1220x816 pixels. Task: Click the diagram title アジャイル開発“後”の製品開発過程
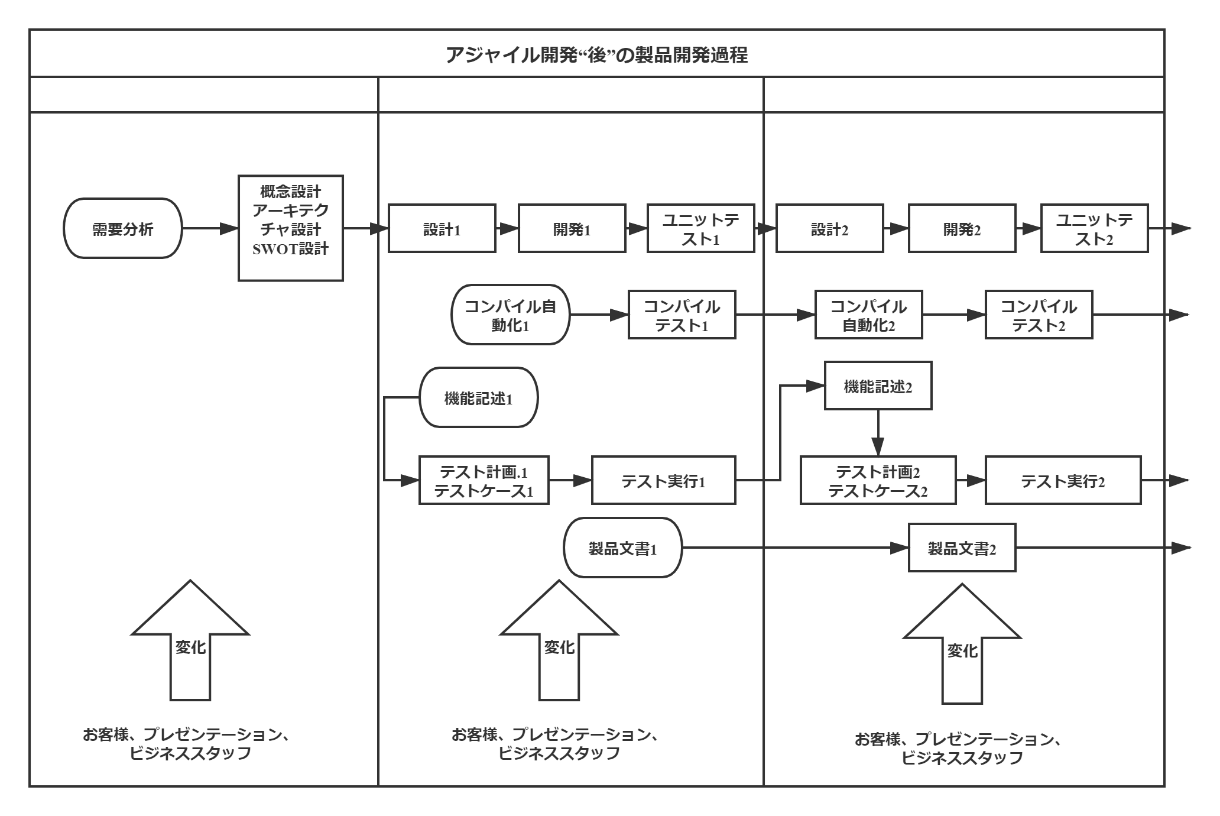pyautogui.click(x=596, y=55)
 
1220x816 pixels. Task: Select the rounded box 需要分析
pyautogui.click(x=123, y=229)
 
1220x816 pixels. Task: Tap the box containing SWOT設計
pyautogui.click(x=291, y=228)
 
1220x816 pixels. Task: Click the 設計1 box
pyautogui.click(x=442, y=229)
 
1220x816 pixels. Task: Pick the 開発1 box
pyautogui.click(x=572, y=229)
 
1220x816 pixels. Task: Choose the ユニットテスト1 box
pyautogui.click(x=701, y=229)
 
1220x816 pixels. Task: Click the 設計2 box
pyautogui.click(x=830, y=229)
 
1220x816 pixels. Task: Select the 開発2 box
pyautogui.click(x=962, y=229)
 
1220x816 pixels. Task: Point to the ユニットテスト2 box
pyautogui.click(x=1094, y=229)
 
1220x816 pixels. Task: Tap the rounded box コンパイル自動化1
pyautogui.click(x=510, y=315)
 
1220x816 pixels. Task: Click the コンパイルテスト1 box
pyautogui.click(x=682, y=315)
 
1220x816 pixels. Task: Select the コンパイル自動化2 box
pyautogui.click(x=868, y=315)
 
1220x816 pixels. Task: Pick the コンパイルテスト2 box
pyautogui.click(x=1039, y=315)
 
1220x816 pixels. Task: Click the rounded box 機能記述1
pyautogui.click(x=479, y=398)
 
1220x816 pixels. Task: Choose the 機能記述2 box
pyautogui.click(x=878, y=387)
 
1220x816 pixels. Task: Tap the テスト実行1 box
pyautogui.click(x=664, y=481)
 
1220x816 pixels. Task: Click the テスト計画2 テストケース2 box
pyautogui.click(x=878, y=481)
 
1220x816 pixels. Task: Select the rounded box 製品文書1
pyautogui.click(x=623, y=548)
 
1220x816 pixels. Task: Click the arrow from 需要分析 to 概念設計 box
pyautogui.click(x=210, y=229)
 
